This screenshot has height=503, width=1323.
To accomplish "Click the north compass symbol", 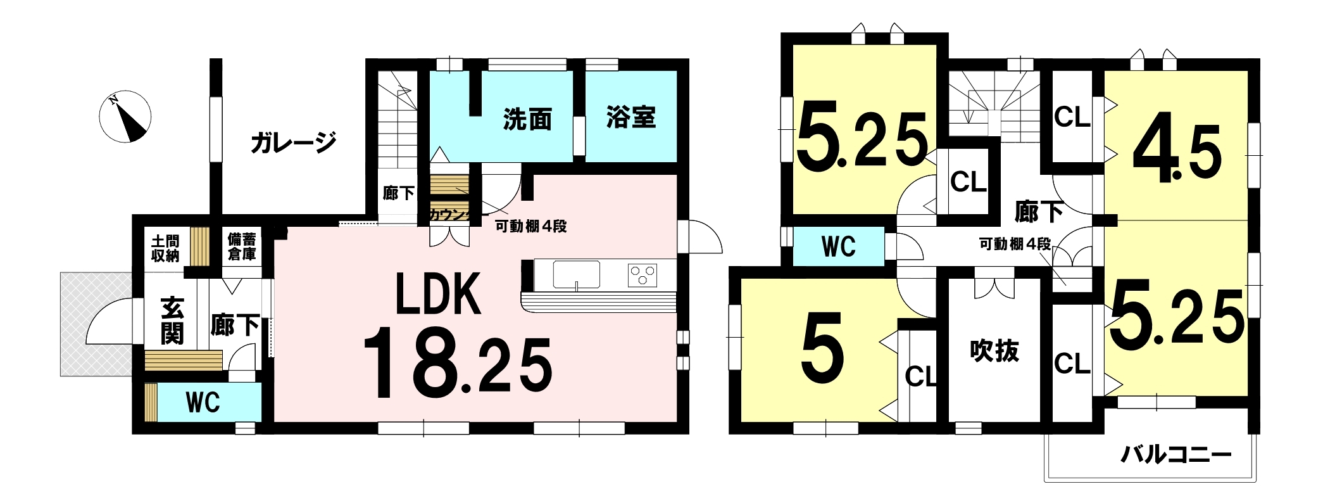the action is tap(125, 117).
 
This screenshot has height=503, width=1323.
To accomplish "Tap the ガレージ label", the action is tap(293, 143).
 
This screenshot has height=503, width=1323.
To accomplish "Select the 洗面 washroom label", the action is tap(527, 119).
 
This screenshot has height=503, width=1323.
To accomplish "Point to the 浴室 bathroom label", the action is tap(630, 117).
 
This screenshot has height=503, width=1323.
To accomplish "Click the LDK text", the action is tap(439, 294).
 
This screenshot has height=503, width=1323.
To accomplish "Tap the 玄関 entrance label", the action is tap(172, 321).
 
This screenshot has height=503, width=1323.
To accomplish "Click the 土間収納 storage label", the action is tap(165, 248).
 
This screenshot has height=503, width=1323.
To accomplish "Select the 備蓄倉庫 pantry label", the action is tap(242, 247).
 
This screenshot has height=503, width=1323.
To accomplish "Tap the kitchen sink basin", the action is tap(576, 274).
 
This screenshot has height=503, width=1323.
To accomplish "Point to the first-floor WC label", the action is tap(203, 402).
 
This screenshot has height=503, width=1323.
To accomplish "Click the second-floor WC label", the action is tap(839, 246).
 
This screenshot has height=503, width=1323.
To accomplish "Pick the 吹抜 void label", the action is tap(994, 351).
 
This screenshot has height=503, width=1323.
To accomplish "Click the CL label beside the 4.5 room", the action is tap(1072, 117).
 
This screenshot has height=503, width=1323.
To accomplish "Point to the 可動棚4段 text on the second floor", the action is tap(1015, 244).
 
